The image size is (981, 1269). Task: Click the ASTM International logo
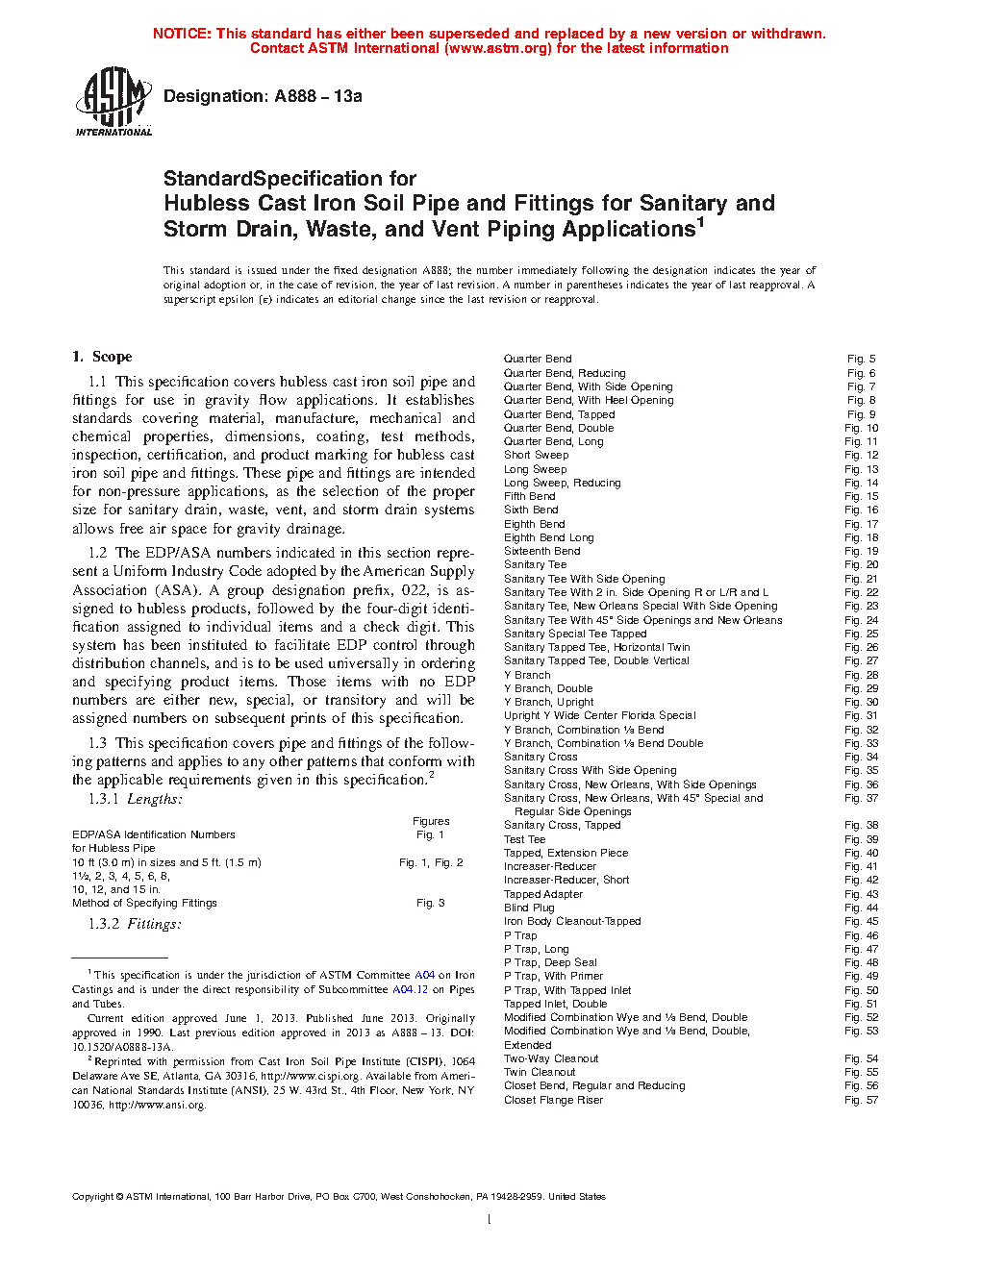pyautogui.click(x=113, y=101)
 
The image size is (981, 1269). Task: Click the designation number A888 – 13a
pyautogui.click(x=317, y=96)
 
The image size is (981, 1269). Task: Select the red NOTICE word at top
pyautogui.click(x=181, y=34)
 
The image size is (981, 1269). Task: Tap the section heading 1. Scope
pyautogui.click(x=102, y=357)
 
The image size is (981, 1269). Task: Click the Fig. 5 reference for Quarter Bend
pyautogui.click(x=861, y=359)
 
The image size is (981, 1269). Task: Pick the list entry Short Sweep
pyautogui.click(x=536, y=455)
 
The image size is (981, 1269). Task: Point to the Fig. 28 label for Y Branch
pyautogui.click(x=861, y=675)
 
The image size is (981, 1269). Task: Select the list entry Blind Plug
pyautogui.click(x=529, y=908)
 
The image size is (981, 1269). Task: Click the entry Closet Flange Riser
pyautogui.click(x=553, y=1100)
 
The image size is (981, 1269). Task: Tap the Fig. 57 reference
pyautogui.click(x=861, y=1100)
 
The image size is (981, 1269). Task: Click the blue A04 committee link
pyautogui.click(x=424, y=975)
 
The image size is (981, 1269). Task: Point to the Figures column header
pyautogui.click(x=431, y=821)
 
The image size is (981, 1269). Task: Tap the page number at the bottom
pyautogui.click(x=490, y=1220)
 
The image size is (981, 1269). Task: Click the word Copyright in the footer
pyautogui.click(x=92, y=1197)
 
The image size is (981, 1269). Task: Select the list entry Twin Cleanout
pyautogui.click(x=540, y=1072)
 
